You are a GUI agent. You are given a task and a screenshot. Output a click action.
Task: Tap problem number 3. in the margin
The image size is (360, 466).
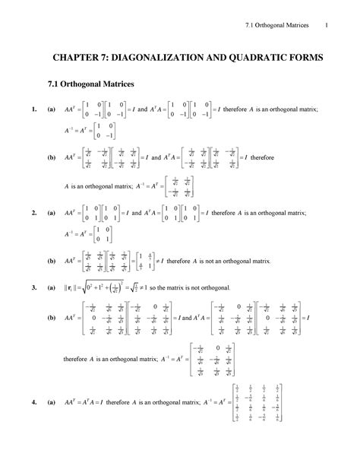[35, 289]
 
